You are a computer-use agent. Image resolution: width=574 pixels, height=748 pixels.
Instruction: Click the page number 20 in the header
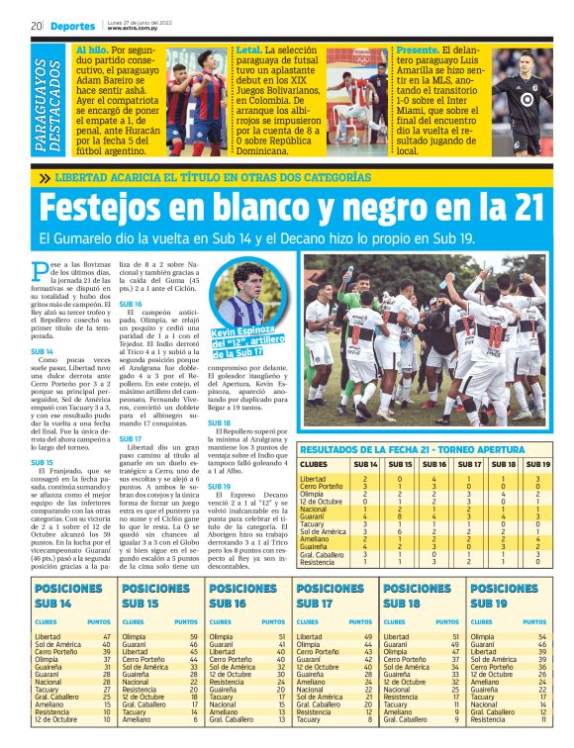(x=36, y=25)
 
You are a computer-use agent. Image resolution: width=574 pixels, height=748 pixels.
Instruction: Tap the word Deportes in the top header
(x=72, y=25)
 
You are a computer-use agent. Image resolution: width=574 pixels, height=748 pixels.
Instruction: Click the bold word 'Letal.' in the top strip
(x=250, y=48)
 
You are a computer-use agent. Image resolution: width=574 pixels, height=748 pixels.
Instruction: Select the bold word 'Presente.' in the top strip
(x=417, y=48)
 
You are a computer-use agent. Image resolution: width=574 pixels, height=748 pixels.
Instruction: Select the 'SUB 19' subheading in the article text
(x=219, y=486)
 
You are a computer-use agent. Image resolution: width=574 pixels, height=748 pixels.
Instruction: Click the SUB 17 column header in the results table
(x=468, y=463)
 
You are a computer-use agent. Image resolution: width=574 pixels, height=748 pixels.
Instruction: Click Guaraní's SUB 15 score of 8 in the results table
(x=402, y=515)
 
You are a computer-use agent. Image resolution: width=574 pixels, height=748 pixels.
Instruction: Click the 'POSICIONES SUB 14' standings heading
(x=69, y=595)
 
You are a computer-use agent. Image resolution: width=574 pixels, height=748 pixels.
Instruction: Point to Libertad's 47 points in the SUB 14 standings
(x=107, y=637)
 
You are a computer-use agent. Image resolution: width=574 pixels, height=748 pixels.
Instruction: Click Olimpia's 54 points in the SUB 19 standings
(x=541, y=637)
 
